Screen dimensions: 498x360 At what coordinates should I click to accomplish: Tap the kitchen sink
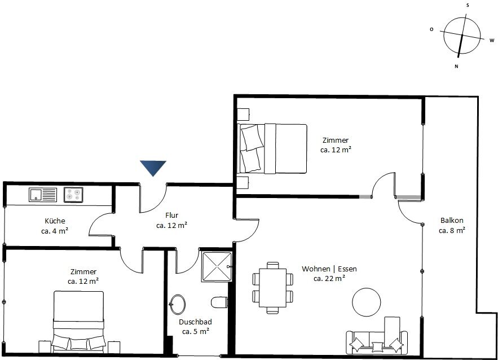[x=42, y=195]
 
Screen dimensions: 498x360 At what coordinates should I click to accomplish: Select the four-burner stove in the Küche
[x=73, y=195]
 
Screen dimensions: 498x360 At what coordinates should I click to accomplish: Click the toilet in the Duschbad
[x=219, y=302]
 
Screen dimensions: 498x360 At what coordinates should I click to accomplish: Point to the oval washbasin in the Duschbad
[x=178, y=304]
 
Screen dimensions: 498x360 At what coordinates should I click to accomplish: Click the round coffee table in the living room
[x=367, y=302]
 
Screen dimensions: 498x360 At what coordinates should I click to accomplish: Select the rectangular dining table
[x=273, y=288]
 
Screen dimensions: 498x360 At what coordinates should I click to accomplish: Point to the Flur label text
[x=172, y=215]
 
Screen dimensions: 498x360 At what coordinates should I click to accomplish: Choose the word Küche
[x=55, y=221]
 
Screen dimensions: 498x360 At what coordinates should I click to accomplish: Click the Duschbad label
[x=195, y=322]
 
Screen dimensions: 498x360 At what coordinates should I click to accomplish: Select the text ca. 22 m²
[x=329, y=278]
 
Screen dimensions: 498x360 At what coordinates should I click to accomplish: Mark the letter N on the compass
[x=456, y=67]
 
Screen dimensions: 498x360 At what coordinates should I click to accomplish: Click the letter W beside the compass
[x=492, y=41]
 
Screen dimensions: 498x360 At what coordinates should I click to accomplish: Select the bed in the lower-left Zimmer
[x=78, y=322]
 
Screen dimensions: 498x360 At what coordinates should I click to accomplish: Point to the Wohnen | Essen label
[x=329, y=269]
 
